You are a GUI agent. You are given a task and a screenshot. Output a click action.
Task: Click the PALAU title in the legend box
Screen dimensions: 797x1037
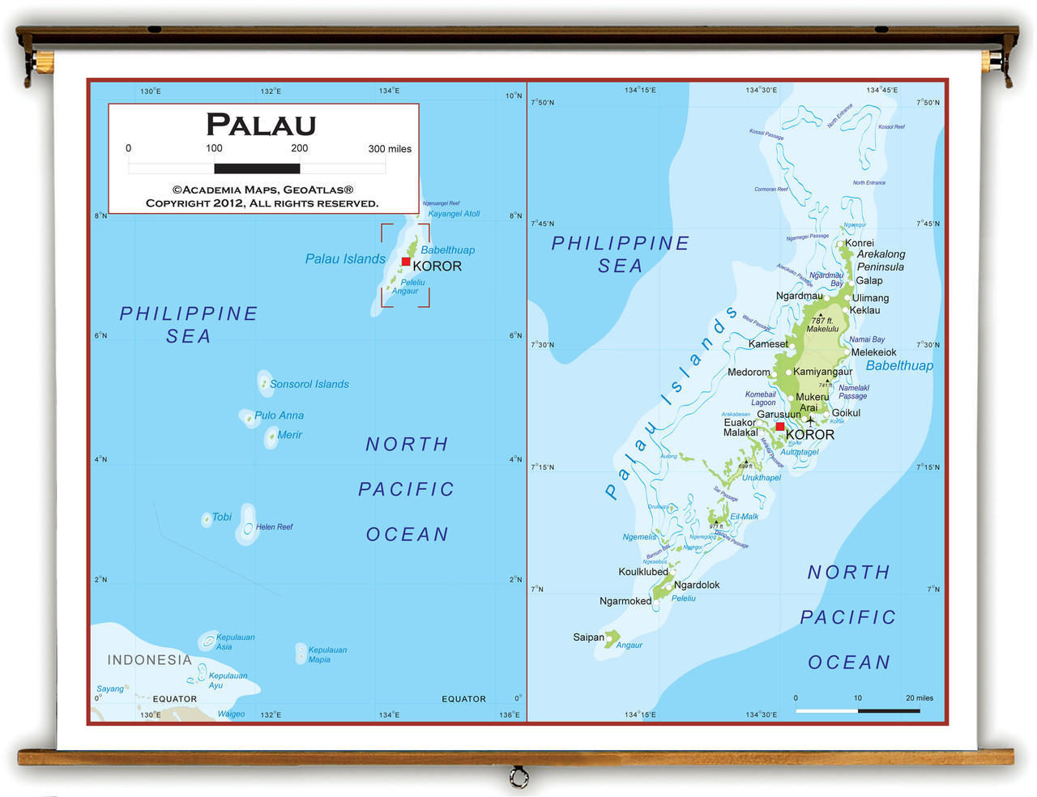click(261, 125)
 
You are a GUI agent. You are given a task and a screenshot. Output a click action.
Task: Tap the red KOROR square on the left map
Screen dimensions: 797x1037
click(406, 262)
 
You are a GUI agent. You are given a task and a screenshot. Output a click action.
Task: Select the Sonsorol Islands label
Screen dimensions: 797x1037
click(309, 384)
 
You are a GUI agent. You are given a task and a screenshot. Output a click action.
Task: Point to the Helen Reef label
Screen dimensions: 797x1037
click(274, 526)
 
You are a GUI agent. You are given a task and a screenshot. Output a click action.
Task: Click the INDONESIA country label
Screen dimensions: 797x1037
click(150, 660)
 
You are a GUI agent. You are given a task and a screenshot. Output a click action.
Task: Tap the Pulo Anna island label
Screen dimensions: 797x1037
click(279, 416)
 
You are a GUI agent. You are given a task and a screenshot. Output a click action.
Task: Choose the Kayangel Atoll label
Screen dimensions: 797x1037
click(454, 214)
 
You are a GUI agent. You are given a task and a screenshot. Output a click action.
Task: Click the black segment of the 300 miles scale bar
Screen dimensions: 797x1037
click(257, 168)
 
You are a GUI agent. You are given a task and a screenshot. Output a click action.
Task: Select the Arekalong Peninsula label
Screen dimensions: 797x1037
click(881, 260)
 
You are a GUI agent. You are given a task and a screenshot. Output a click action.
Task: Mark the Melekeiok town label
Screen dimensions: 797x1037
click(873, 352)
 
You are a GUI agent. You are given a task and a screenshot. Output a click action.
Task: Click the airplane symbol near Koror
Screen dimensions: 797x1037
click(810, 421)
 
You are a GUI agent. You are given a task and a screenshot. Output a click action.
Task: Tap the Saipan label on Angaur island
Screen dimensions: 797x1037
click(588, 637)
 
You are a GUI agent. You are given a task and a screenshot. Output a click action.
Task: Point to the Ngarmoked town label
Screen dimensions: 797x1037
click(625, 601)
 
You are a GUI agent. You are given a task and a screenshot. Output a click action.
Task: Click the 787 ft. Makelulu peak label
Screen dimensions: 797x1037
click(822, 325)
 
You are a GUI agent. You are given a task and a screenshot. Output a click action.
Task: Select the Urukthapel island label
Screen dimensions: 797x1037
click(762, 477)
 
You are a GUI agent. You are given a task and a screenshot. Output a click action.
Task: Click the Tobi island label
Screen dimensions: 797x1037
click(221, 517)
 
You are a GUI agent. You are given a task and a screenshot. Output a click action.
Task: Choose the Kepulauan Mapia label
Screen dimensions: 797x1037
click(327, 654)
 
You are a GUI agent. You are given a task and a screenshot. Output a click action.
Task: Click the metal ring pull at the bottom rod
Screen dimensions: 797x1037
click(518, 778)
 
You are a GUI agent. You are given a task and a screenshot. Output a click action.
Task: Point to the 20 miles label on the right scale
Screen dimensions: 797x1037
click(919, 697)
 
